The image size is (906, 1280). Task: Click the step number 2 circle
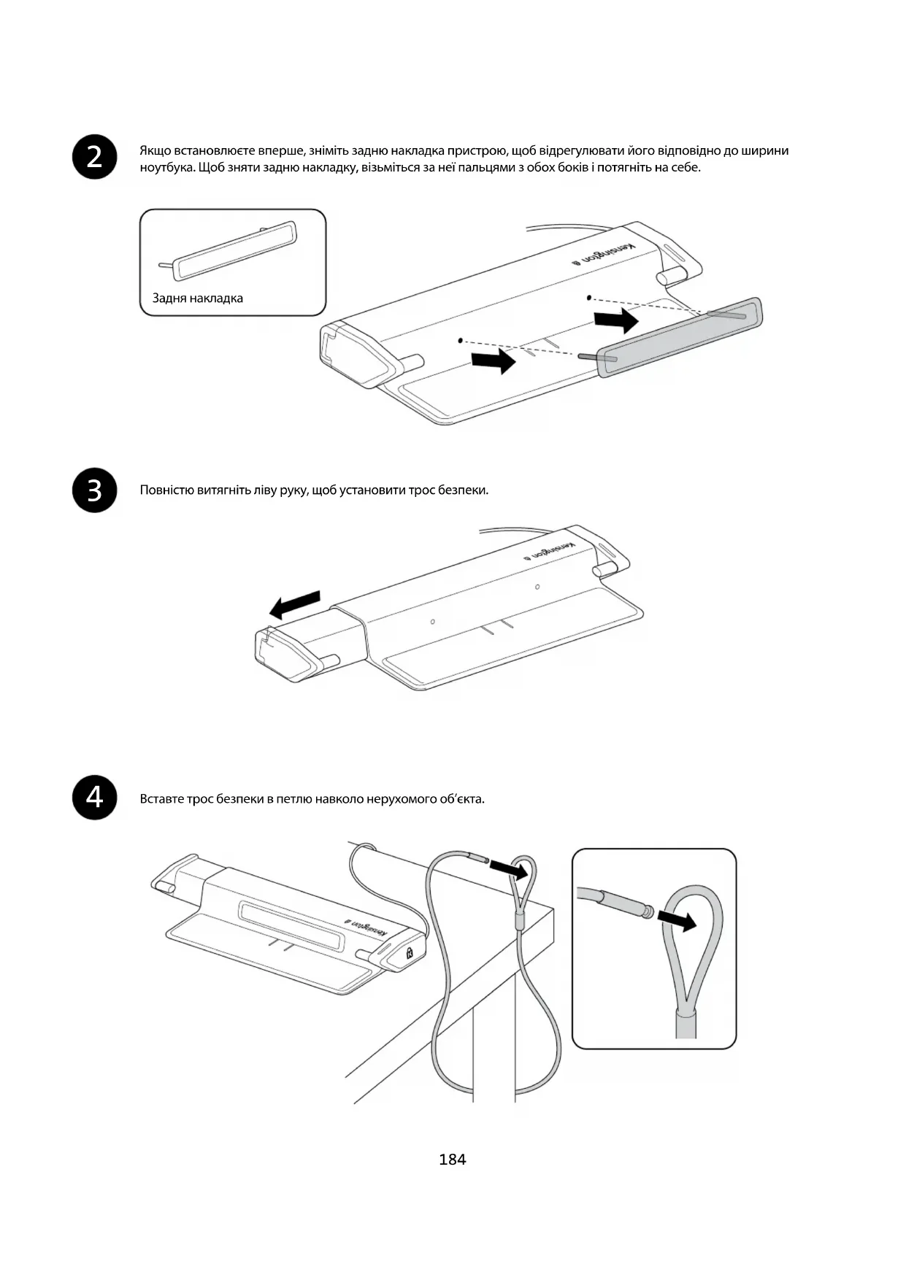coord(95,157)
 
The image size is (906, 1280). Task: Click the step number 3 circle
coord(95,490)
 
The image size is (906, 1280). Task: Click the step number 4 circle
coord(95,798)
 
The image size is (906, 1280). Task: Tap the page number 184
coord(453,1159)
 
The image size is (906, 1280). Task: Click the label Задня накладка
coord(198,298)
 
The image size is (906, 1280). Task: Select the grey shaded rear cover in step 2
coord(679,336)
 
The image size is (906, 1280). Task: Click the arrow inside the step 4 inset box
coord(677,920)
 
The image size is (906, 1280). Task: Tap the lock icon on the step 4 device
coord(409,952)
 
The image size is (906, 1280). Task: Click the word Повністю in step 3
coord(167,490)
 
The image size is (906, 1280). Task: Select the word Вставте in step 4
coord(161,798)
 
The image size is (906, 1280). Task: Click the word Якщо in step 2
coord(156,150)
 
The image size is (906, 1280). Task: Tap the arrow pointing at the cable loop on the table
coord(508,868)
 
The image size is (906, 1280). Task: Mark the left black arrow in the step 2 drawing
coord(494,360)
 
